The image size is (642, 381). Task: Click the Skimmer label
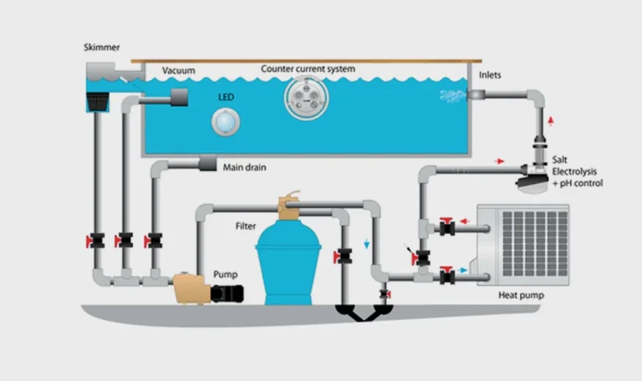pos(102,47)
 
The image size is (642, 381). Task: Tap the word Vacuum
pos(178,70)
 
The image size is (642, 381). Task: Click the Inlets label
pos(492,75)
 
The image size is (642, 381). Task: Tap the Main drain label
pos(244,167)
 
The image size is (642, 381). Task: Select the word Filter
pos(246,226)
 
